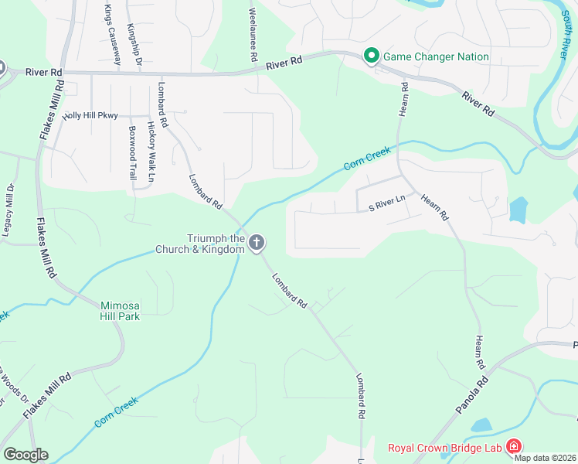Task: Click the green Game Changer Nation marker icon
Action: point(371,56)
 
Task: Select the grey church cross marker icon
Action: point(257,244)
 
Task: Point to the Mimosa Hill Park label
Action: point(119,310)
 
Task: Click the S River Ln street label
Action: point(387,202)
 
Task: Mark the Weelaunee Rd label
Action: point(253,36)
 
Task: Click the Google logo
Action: point(25,455)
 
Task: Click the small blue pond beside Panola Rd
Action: point(481,425)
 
